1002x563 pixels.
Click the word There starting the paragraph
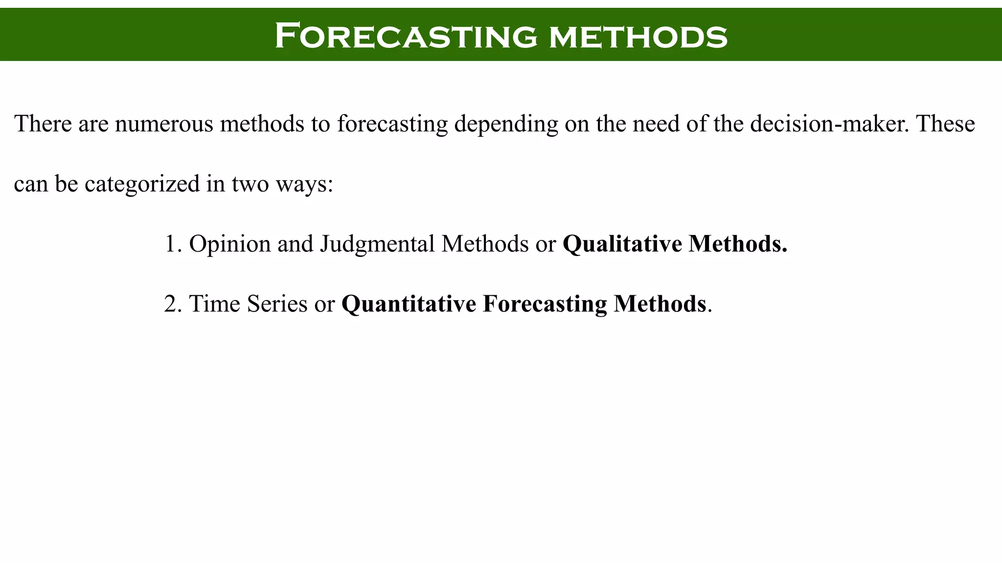coord(43,123)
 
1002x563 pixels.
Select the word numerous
coord(164,123)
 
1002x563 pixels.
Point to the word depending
coord(506,124)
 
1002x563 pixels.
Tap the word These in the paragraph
coord(945,123)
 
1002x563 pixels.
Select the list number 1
coord(172,243)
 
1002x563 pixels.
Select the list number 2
coord(172,303)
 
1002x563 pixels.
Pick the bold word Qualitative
coord(622,244)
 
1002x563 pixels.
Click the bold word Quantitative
coord(409,303)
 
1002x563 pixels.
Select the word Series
coord(277,303)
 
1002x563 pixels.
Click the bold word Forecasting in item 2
coord(545,304)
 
